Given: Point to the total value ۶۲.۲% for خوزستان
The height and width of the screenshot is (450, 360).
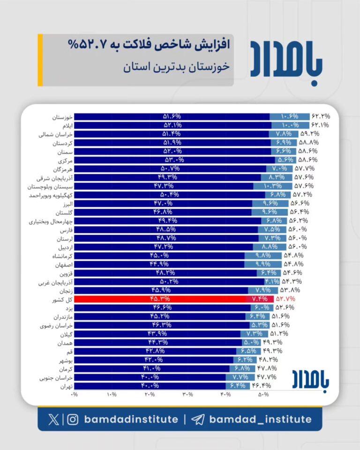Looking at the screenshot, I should pos(321,116).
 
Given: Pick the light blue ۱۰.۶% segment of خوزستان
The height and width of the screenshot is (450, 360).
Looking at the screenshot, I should pos(290,116).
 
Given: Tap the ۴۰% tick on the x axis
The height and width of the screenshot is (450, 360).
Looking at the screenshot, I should pos(225,395).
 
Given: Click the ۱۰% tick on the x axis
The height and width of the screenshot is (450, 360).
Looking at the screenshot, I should pos(112,395).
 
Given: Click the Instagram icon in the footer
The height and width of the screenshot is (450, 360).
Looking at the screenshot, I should pos(73,419).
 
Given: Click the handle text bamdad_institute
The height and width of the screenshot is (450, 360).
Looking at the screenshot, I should pos(260,419).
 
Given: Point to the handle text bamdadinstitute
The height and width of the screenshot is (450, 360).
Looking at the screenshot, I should pos(131,419).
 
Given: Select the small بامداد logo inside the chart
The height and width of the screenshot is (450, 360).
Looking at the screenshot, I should pos(311,379).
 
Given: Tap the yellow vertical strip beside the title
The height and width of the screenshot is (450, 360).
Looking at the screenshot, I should pos(40,60).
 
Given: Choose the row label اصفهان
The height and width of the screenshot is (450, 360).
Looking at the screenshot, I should pos(63,264).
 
